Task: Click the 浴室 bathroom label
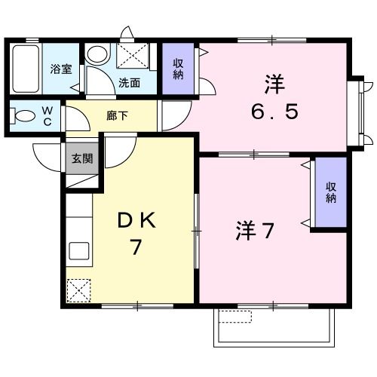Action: pyautogui.click(x=61, y=69)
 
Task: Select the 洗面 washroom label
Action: pyautogui.click(x=129, y=83)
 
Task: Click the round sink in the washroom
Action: pyautogui.click(x=96, y=54)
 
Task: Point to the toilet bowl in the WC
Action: pyautogui.click(x=24, y=117)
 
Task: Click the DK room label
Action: pyautogui.click(x=136, y=220)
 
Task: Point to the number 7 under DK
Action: pyautogui.click(x=136, y=247)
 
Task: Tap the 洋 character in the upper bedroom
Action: pyautogui.click(x=274, y=83)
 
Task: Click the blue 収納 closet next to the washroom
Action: pyautogui.click(x=179, y=69)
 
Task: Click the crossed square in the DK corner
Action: pyautogui.click(x=78, y=290)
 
